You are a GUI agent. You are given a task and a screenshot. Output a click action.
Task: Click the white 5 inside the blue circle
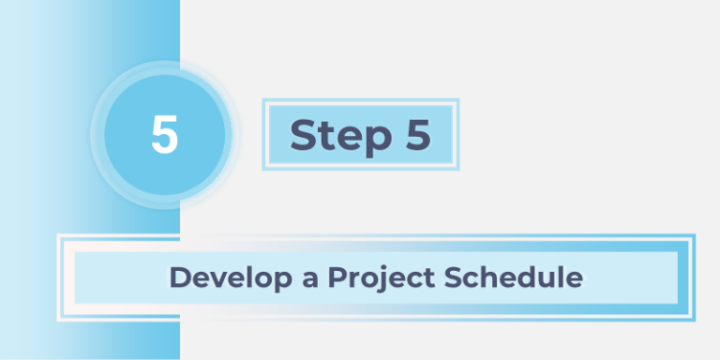point(164,136)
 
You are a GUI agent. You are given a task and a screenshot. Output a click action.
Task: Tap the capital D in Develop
point(179,278)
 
